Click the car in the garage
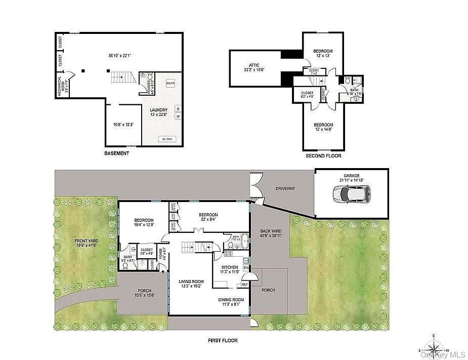point(351,193)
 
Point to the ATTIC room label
point(254,65)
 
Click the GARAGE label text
point(351,176)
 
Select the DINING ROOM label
point(231,300)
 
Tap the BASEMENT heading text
point(116,153)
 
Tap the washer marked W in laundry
point(178,116)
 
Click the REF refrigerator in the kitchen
point(244,285)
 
